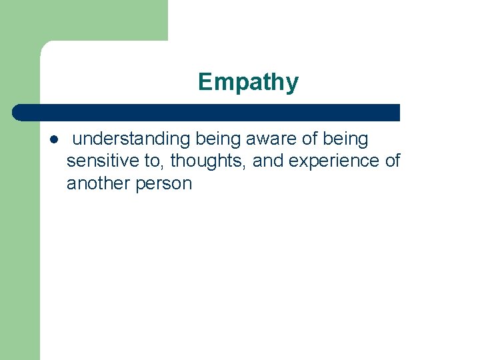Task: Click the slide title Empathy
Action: (x=248, y=83)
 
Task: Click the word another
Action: (x=97, y=183)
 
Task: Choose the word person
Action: (x=163, y=183)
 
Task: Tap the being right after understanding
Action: (x=219, y=139)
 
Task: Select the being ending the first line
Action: (x=345, y=139)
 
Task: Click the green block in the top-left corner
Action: (x=83, y=20)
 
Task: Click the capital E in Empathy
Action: (x=205, y=83)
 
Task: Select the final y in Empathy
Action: (x=293, y=85)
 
